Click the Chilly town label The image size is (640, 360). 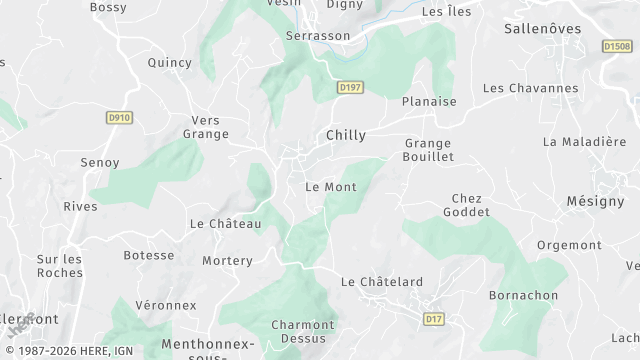tap(346, 135)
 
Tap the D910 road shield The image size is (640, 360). tap(119, 118)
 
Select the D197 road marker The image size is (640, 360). tap(349, 88)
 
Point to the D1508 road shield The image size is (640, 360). tap(617, 46)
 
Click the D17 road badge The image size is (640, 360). tap(433, 319)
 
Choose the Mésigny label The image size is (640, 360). tap(595, 201)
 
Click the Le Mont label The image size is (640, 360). tap(330, 187)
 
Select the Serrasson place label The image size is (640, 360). tap(318, 35)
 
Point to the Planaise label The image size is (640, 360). tap(429, 101)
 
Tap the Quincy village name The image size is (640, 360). tap(169, 62)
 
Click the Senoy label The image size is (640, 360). tap(100, 162)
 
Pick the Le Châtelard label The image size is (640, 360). tap(382, 282)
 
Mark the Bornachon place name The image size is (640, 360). tap(523, 296)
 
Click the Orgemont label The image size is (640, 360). tap(569, 245)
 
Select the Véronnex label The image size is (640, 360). tap(166, 304)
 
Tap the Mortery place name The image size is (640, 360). tap(227, 260)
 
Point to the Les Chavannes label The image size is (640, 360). tap(530, 88)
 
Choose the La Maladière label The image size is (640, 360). tap(584, 142)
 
